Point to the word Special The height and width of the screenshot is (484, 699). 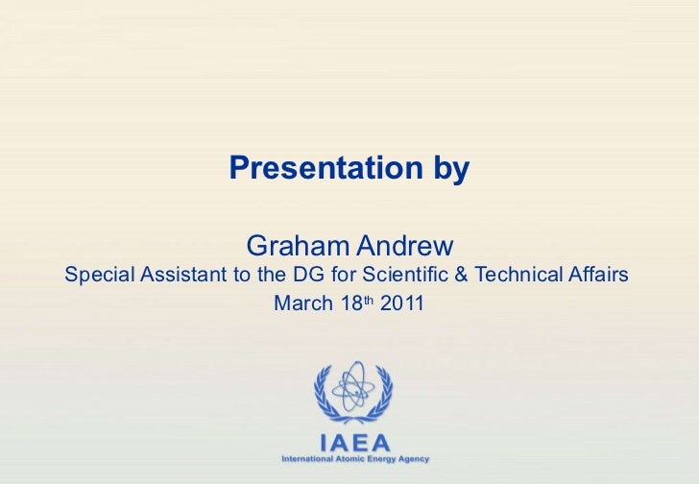click(x=99, y=277)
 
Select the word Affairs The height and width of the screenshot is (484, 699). click(x=598, y=276)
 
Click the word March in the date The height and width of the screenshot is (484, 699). click(x=301, y=305)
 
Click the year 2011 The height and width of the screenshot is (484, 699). click(x=402, y=305)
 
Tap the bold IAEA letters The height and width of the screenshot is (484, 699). click(x=354, y=443)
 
